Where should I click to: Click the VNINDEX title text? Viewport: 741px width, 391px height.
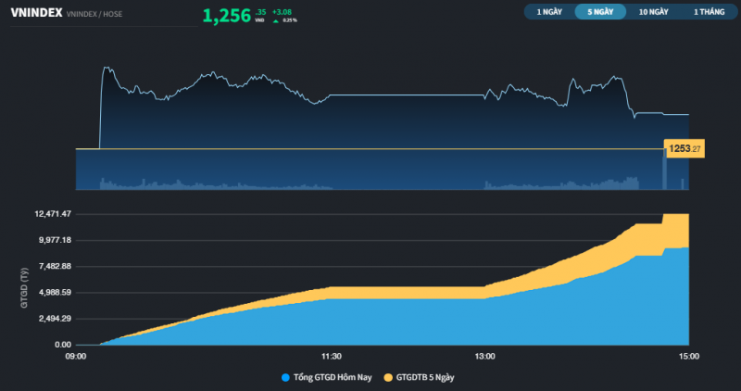[x=36, y=13]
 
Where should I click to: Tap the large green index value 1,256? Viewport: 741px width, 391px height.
[x=226, y=16]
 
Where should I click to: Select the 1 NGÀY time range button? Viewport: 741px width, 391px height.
[x=548, y=12]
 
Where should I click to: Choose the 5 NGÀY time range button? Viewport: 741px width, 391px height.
[x=600, y=12]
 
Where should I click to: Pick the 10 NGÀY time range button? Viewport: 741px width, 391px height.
[x=653, y=12]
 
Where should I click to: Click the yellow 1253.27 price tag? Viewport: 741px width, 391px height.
[x=684, y=148]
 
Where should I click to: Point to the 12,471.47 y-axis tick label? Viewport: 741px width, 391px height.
[x=54, y=214]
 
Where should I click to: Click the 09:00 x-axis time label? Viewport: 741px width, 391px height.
[x=76, y=355]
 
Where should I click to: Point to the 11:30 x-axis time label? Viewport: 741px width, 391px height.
[x=331, y=355]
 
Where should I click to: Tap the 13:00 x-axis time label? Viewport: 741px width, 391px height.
[x=484, y=355]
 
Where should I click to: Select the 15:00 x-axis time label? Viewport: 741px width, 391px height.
[x=689, y=355]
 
